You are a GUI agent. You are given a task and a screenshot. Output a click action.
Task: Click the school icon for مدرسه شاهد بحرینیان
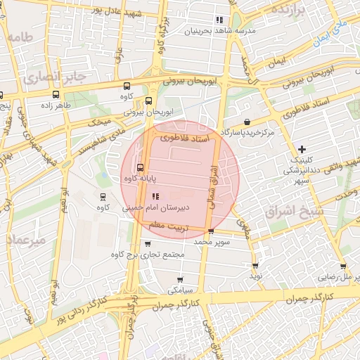tap(220, 20)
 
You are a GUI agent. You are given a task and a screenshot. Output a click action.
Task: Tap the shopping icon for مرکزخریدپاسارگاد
tap(247, 122)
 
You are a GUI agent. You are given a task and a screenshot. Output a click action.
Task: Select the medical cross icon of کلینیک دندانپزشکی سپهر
tap(302, 149)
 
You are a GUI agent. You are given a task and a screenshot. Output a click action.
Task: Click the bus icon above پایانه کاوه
tap(140, 168)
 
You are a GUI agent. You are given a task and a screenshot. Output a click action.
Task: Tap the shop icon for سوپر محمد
tap(210, 231)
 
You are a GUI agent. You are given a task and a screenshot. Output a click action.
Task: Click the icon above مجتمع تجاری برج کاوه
tap(147, 244)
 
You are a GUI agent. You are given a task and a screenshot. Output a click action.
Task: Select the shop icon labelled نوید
tap(255, 266)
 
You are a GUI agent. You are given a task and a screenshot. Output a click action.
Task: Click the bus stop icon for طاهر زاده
tap(56, 95)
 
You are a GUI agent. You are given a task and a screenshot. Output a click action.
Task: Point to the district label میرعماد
tap(27, 240)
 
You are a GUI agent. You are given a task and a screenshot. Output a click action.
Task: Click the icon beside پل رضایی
tap(342, 266)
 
